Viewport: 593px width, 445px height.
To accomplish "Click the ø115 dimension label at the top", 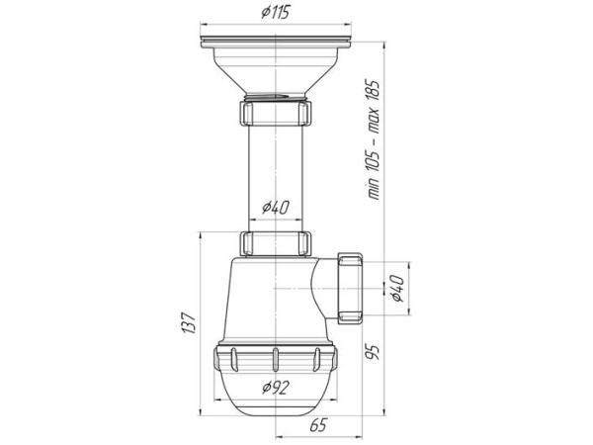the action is click(275, 12).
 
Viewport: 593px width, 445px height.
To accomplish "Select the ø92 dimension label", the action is click(276, 387).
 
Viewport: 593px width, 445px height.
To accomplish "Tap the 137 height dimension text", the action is click(189, 322).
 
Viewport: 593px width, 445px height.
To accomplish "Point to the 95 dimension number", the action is click(372, 351).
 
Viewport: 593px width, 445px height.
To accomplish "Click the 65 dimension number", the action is click(317, 425).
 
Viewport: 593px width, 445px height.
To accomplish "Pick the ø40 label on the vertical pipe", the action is click(276, 207).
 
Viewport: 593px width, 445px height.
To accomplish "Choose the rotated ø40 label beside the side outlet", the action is click(397, 289).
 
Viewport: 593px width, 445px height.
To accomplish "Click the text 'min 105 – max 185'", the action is click(374, 139).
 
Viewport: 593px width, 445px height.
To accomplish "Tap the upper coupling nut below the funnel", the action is click(276, 113).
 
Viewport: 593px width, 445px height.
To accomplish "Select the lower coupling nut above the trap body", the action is click(276, 243).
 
